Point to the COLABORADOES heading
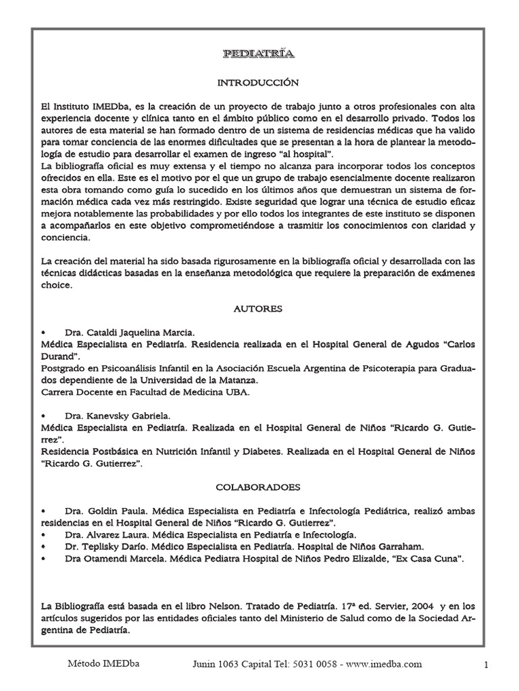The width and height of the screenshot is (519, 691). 257,486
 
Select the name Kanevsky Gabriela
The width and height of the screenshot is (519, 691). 128,416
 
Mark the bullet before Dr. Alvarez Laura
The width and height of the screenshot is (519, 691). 44,535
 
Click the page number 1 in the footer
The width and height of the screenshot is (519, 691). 486,665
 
